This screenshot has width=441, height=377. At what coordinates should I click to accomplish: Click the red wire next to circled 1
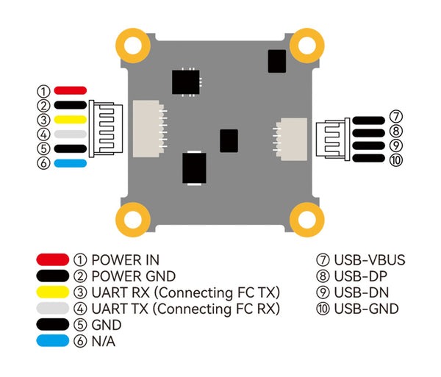(71, 90)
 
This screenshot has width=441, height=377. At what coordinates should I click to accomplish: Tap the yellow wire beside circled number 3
(71, 119)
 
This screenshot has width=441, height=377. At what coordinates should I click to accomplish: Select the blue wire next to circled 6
(71, 163)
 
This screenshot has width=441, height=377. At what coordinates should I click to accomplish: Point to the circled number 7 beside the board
(395, 117)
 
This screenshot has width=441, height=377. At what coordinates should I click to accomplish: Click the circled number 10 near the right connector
(397, 159)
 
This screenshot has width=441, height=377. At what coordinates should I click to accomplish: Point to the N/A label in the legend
(103, 341)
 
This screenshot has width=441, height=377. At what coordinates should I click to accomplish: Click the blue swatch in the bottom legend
(52, 341)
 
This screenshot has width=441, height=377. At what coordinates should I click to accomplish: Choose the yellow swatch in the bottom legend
(52, 292)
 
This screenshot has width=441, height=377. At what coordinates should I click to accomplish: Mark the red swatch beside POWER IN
(52, 260)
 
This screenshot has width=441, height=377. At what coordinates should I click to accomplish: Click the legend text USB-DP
(362, 276)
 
